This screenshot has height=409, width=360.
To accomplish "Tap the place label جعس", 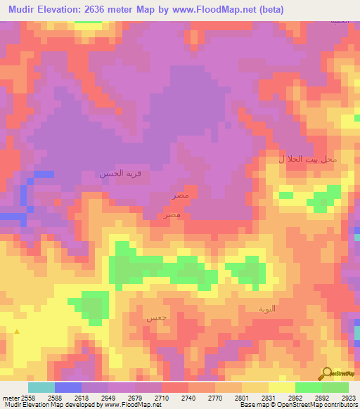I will coord(156,318).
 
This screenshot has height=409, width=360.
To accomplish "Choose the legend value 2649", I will coord(108,398).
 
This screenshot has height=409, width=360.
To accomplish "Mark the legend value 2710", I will coord(162,398).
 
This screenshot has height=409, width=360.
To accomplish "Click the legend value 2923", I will coord(348,398).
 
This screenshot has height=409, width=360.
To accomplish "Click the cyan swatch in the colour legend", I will coord(41,387).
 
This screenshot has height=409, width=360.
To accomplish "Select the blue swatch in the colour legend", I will coord(68,387).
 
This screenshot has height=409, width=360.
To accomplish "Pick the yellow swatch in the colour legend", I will coord(281,387).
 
